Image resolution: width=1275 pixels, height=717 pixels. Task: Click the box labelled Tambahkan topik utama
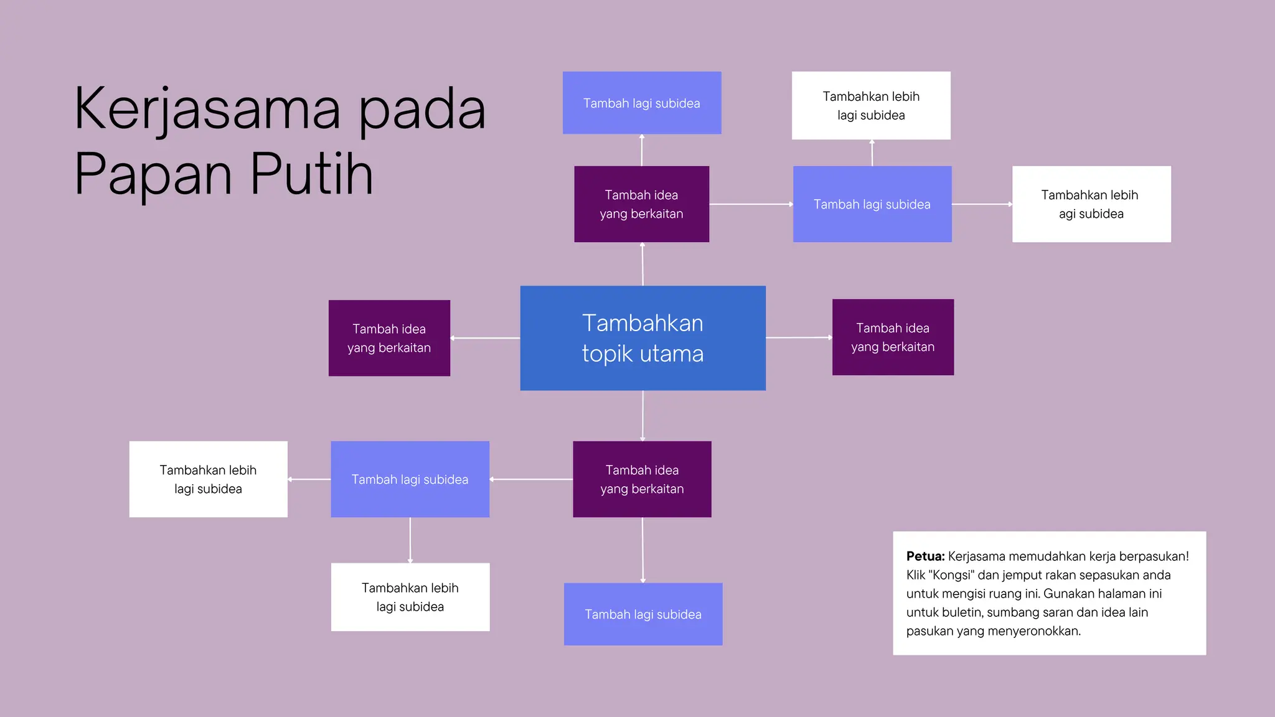pyautogui.click(x=642, y=338)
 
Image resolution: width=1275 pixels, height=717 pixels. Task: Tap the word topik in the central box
pyautogui.click(x=605, y=354)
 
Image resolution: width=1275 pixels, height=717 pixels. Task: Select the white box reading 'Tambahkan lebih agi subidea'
pyautogui.click(x=1091, y=204)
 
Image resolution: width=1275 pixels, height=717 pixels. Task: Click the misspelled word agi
pyautogui.click(x=1068, y=214)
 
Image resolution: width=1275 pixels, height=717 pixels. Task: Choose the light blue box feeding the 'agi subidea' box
pyautogui.click(x=872, y=204)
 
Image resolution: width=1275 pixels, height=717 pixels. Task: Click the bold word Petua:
pyautogui.click(x=925, y=556)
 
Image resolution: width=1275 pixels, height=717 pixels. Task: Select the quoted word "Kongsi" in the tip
pyautogui.click(x=951, y=575)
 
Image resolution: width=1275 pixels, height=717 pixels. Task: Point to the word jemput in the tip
pyautogui.click(x=1023, y=575)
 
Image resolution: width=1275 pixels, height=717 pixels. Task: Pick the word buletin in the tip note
pyautogui.click(x=961, y=612)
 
